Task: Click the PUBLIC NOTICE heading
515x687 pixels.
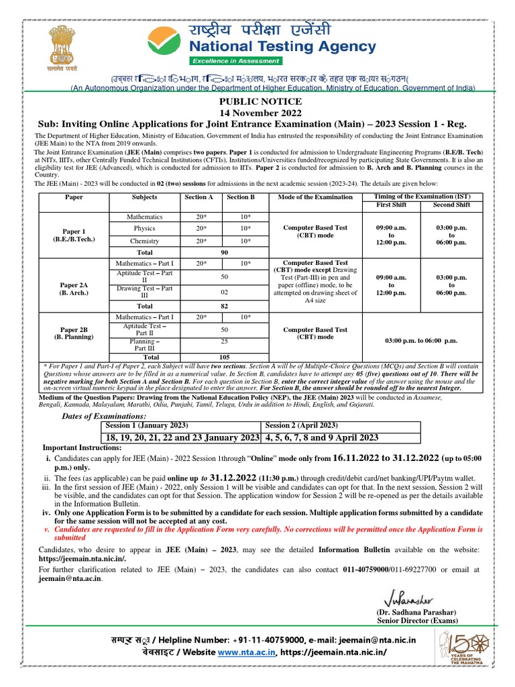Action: [257, 101]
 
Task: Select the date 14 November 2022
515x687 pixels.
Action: [257, 113]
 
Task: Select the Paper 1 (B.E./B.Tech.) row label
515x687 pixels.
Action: [74, 235]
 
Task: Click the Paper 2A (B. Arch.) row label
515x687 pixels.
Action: [74, 288]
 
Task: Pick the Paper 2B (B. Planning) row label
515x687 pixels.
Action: [74, 333]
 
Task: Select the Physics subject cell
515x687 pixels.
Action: [145, 228]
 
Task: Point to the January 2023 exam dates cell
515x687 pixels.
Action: [181, 437]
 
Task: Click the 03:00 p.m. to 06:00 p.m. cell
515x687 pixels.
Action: [421, 341]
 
